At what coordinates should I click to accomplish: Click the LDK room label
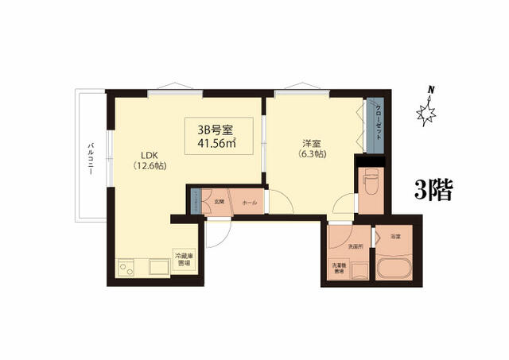point(151,155)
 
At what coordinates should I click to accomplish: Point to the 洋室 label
point(311,143)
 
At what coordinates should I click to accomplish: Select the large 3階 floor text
point(433,189)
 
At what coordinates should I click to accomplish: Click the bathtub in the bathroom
point(394,268)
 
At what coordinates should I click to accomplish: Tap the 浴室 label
point(395,237)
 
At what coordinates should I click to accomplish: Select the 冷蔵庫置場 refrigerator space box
point(184,259)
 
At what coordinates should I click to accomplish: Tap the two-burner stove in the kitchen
point(127,268)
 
